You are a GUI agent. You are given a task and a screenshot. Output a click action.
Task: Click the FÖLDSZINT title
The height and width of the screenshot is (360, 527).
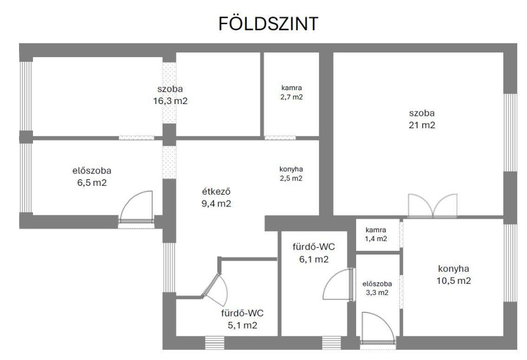click(268, 24)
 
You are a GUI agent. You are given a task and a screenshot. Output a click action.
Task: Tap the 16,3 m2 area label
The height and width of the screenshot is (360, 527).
click(170, 101)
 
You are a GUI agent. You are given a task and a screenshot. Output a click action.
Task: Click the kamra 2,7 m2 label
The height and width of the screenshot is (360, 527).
click(291, 93)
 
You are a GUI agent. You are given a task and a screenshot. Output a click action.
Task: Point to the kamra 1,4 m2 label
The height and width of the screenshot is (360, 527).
click(376, 234)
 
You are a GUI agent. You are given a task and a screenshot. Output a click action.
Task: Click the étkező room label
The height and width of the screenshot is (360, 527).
click(216, 197)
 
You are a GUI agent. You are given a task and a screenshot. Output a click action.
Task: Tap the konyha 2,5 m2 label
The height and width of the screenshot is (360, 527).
click(291, 174)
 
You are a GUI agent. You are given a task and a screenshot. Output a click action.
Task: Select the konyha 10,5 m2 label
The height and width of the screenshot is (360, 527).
click(453, 275)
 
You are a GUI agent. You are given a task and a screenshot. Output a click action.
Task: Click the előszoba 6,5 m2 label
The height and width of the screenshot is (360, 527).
click(92, 177)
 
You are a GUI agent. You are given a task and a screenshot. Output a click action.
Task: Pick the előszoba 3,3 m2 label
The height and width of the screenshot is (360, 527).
click(377, 288)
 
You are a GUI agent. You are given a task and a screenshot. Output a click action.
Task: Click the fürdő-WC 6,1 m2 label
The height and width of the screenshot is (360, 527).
click(313, 253)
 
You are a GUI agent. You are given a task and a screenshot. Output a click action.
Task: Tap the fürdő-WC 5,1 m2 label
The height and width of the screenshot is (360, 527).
click(242, 319)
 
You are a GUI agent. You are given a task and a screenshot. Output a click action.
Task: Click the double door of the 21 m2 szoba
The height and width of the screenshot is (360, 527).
click(433, 205)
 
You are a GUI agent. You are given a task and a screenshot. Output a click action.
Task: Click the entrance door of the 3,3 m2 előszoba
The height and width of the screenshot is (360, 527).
click(377, 328)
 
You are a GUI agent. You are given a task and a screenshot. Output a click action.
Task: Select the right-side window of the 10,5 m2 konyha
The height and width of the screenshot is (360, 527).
click(511, 263)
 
